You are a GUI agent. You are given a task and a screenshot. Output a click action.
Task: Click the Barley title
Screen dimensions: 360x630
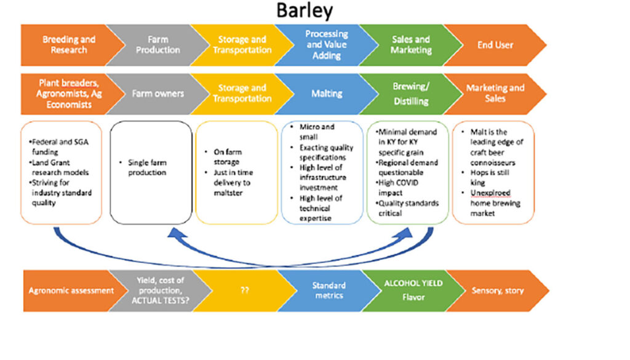pos(305,11)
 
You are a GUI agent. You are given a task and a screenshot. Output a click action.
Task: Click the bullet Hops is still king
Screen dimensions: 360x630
pos(482,178)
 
